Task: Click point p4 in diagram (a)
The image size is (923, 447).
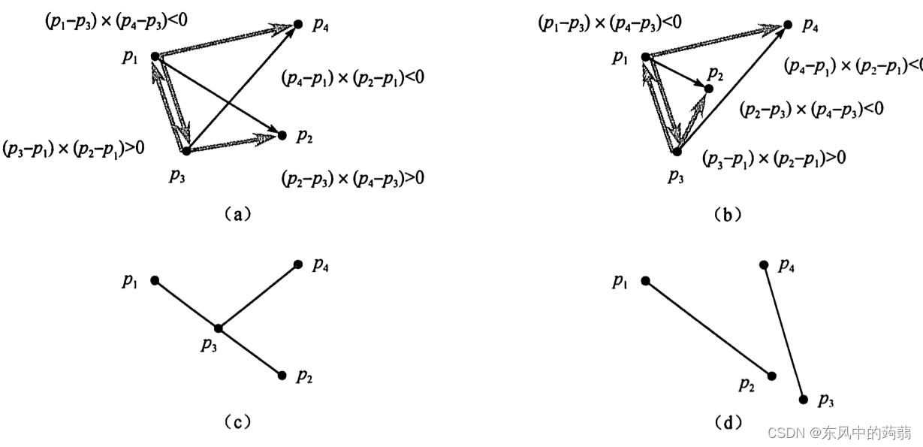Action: pos(297,25)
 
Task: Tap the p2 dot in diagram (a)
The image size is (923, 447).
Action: pos(282,135)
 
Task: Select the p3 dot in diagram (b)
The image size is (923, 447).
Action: pos(677,152)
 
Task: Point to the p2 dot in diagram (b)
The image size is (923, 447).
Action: pos(708,89)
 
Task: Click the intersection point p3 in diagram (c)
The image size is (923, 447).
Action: pos(218,328)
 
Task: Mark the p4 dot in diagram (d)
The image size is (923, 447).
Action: pos(764,264)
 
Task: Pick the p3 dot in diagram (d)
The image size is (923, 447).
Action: pos(804,400)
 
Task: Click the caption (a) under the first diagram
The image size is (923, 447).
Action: pos(237,214)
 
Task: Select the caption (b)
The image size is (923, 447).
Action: pos(727,214)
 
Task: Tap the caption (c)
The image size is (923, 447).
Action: pos(237,422)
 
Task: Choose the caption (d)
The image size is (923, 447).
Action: pos(727,422)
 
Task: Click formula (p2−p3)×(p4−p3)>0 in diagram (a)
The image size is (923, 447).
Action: pos(352,179)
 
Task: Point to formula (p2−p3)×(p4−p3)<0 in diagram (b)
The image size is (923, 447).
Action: pos(811,110)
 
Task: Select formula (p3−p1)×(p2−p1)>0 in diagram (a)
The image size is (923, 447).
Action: pos(73,148)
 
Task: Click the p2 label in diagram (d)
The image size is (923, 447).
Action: pos(746,385)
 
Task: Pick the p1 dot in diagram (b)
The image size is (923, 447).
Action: pos(645,56)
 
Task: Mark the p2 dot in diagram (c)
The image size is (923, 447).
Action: pos(282,375)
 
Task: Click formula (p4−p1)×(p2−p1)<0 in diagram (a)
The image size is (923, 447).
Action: pos(353,77)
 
